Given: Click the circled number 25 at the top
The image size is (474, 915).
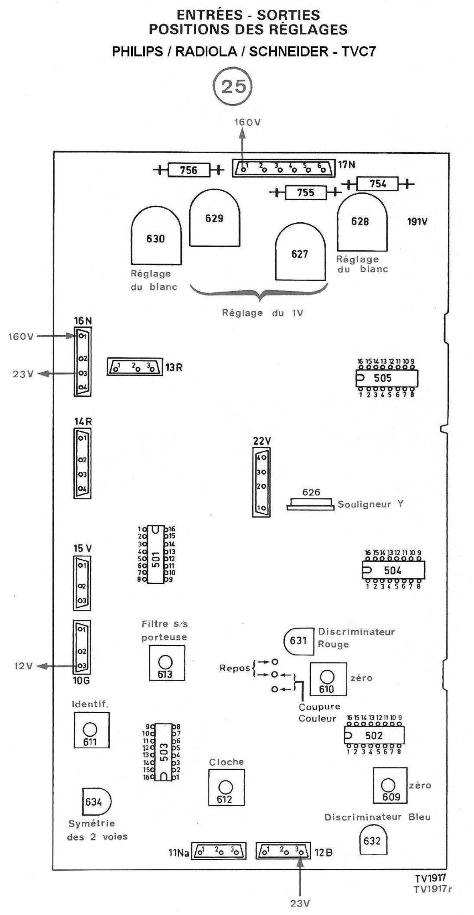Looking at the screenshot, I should coord(233,86).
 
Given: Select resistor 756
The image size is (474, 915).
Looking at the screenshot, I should coord(188,170).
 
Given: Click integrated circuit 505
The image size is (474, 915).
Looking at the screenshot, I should coord(387,378).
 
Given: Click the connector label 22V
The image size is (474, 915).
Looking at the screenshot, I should coord(262,441).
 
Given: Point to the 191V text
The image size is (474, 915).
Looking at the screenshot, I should coord(417,222).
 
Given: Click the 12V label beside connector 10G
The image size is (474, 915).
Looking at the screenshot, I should coord(23,666).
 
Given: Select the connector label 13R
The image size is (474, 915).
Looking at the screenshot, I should coord(174,367).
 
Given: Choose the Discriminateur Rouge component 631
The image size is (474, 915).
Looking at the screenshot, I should coord(298,641).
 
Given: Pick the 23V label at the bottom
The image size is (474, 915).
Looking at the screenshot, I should coord(300,903).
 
